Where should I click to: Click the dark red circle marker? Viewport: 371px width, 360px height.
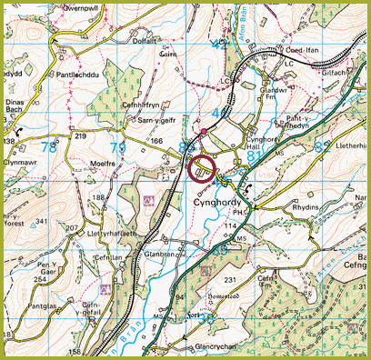201,169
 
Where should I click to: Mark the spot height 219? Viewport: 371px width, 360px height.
79,135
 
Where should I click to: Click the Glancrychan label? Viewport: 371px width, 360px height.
192,347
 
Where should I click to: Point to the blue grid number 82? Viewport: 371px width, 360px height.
320,144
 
